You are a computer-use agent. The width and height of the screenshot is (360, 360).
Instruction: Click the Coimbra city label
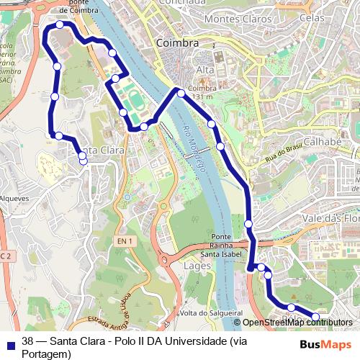tap(177, 43)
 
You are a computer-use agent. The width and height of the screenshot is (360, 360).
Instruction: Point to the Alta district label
tap(206, 70)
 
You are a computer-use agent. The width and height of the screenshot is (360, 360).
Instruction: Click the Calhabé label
tap(322, 142)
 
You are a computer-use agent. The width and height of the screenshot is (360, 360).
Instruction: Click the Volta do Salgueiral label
tap(211, 313)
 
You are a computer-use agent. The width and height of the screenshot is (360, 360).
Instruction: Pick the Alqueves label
tap(14, 198)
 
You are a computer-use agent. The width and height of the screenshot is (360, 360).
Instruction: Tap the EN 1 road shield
tap(125, 241)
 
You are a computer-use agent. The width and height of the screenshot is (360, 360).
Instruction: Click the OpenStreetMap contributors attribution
tap(293, 323)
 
